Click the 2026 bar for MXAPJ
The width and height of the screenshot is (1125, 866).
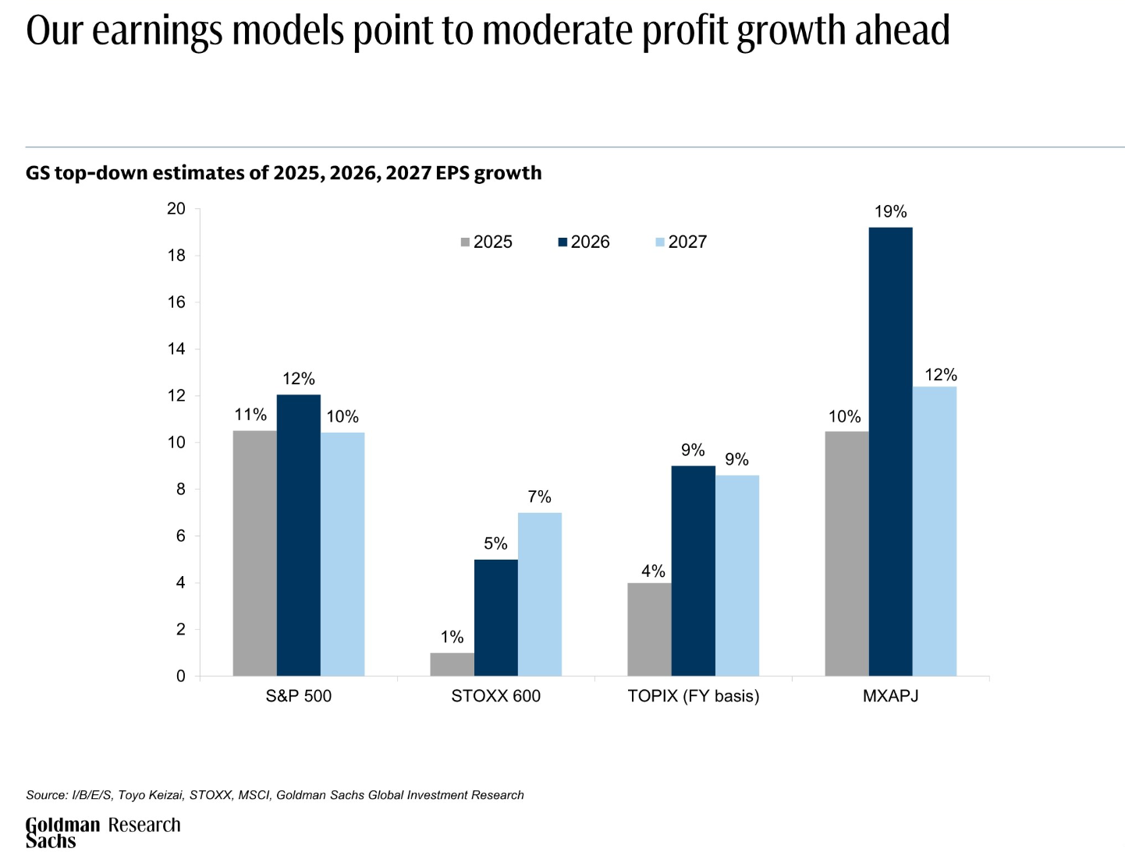click(x=890, y=451)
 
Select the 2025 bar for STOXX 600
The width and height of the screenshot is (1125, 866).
click(x=452, y=664)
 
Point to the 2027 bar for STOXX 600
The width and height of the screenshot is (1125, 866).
click(x=539, y=594)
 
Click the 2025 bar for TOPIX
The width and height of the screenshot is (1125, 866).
click(x=649, y=629)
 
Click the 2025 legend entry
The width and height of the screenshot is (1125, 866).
click(x=487, y=242)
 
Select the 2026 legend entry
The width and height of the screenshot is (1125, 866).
click(x=584, y=242)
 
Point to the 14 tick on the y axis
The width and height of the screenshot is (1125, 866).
click(x=176, y=349)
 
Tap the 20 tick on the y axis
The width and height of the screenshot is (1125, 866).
click(x=176, y=209)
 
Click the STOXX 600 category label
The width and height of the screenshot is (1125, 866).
click(x=495, y=696)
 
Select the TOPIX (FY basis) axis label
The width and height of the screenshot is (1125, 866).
click(x=693, y=696)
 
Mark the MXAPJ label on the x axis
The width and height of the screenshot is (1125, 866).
click(x=890, y=696)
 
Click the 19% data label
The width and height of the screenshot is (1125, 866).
click(x=890, y=212)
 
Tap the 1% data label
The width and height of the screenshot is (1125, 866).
click(x=452, y=638)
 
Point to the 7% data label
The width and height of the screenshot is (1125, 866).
click(x=539, y=497)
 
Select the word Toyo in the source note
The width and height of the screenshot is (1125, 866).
click(x=133, y=795)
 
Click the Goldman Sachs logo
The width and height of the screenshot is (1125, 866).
click(x=62, y=832)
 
